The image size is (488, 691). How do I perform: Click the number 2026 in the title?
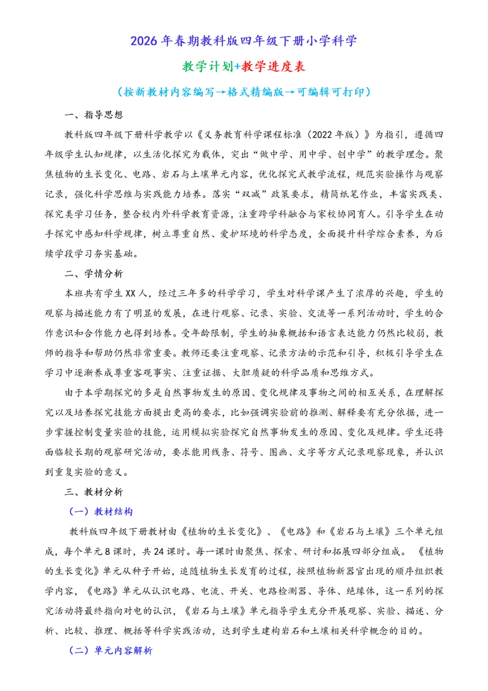pos(144,41)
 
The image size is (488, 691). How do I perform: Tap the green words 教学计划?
pos(207,67)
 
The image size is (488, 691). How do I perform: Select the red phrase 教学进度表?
pos(273,67)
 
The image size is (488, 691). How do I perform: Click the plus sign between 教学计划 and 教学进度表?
pos(237,67)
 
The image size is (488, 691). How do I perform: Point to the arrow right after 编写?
pos(221,92)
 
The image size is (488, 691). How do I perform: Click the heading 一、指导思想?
pos(94,115)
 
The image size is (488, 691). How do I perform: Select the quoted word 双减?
pos(251,194)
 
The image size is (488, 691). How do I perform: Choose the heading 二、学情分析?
pos(94,274)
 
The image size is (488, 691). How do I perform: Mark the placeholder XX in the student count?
pos(130,294)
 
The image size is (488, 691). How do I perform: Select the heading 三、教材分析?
pos(94,492)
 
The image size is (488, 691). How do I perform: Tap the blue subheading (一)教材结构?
pos(101,512)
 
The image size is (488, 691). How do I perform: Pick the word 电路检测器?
pos(283,591)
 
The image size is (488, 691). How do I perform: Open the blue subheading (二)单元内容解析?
pos(111,651)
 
